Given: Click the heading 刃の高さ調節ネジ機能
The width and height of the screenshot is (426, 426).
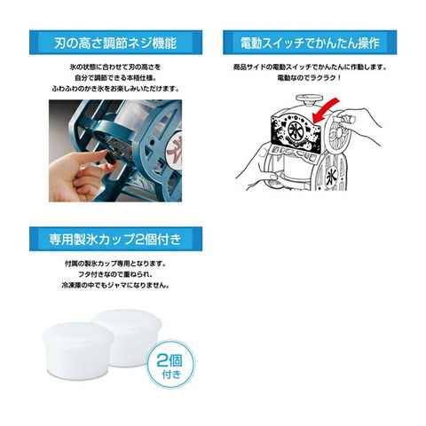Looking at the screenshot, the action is click(115, 43).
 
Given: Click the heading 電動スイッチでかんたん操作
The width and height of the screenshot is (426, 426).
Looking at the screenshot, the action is click(310, 43).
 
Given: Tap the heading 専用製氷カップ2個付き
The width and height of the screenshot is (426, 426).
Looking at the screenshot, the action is click(115, 239).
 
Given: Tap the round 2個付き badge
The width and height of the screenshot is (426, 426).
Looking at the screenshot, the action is click(170, 365).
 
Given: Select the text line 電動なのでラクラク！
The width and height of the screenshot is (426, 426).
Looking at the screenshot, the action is click(310, 78).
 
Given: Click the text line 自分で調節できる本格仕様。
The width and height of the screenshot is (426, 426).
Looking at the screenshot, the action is click(115, 78).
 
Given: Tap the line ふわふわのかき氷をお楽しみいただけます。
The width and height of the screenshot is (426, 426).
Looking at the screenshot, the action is click(115, 89).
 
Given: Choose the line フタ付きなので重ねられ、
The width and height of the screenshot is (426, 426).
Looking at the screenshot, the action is click(115, 274).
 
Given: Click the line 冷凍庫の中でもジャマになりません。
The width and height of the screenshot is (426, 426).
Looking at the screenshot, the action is click(115, 286).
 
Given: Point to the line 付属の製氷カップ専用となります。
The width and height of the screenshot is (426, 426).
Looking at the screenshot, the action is click(115, 264).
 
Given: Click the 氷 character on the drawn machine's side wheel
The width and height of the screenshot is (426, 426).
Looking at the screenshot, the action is click(331, 177).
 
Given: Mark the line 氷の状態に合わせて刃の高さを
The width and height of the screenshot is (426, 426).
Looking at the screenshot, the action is click(115, 67).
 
